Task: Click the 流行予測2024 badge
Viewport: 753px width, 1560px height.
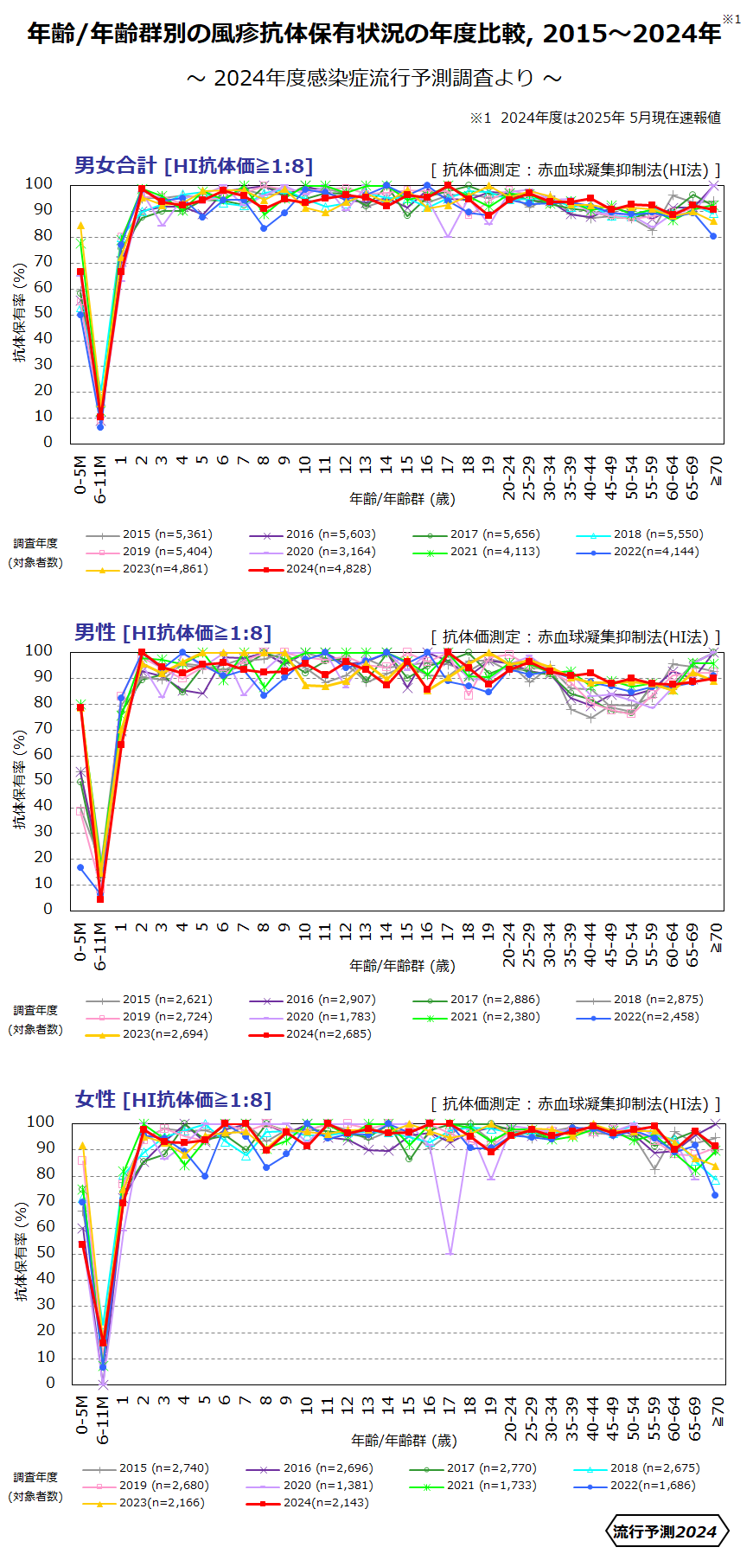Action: (x=665, y=1532)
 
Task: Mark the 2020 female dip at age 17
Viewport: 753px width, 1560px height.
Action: (x=450, y=1253)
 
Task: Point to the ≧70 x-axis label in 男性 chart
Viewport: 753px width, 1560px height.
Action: (x=716, y=938)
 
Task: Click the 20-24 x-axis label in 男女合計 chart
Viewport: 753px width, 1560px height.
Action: (x=509, y=478)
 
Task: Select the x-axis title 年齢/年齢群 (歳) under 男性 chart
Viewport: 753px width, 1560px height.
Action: (x=402, y=966)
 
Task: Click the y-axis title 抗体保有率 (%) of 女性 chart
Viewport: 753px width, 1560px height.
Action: (x=22, y=1252)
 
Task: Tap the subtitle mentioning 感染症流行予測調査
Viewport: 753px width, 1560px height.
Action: (x=374, y=78)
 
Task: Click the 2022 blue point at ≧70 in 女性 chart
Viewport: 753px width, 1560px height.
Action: (x=715, y=1196)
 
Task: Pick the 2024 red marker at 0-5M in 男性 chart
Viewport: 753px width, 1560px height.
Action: (x=80, y=707)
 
